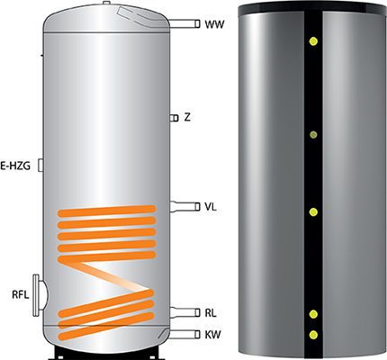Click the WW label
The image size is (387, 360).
[214, 24]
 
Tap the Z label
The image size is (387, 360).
[187, 117]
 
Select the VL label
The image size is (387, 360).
[211, 207]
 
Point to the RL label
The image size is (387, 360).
[211, 313]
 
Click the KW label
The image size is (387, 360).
[212, 335]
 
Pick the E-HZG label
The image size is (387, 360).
[15, 166]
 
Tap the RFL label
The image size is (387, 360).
[21, 294]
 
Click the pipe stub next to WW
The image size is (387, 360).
[184, 23]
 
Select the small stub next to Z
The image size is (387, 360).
[174, 118]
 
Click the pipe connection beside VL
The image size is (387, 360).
[184, 207]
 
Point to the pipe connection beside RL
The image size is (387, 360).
[184, 312]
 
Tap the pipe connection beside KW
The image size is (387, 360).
[184, 334]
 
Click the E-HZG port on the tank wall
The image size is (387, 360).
[40, 166]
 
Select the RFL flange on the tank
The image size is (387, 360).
[40, 295]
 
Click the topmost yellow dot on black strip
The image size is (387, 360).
[313, 41]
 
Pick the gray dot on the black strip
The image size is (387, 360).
[313, 135]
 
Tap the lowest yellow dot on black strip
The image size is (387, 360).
[314, 335]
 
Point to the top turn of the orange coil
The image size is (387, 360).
[106, 211]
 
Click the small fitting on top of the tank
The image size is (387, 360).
[106, 3]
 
